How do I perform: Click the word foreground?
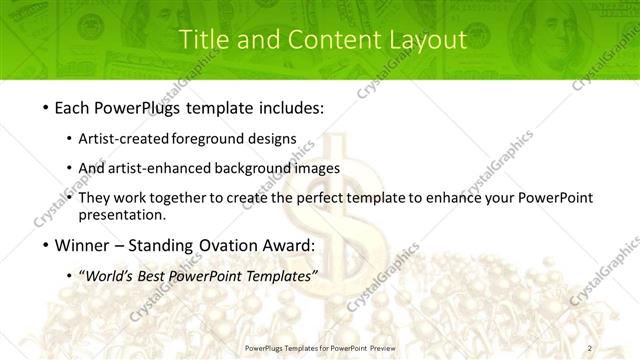click(x=210, y=139)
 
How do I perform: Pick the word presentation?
click(x=121, y=214)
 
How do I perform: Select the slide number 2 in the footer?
click(x=590, y=347)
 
